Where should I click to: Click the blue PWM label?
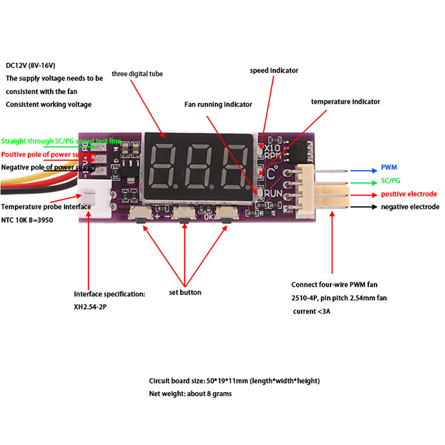[x=389, y=167]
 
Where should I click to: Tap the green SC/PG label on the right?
[x=391, y=181]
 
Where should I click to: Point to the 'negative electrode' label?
[x=410, y=207]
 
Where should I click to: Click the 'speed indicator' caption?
[x=274, y=71]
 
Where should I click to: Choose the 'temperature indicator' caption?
[x=345, y=102]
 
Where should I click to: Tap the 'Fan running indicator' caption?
[x=218, y=105]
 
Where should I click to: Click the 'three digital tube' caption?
[x=137, y=73]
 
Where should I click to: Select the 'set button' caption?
[x=185, y=293]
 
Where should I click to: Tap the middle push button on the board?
[x=182, y=214]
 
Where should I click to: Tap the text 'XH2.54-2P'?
[x=90, y=306]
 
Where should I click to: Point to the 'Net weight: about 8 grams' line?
[x=190, y=394]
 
